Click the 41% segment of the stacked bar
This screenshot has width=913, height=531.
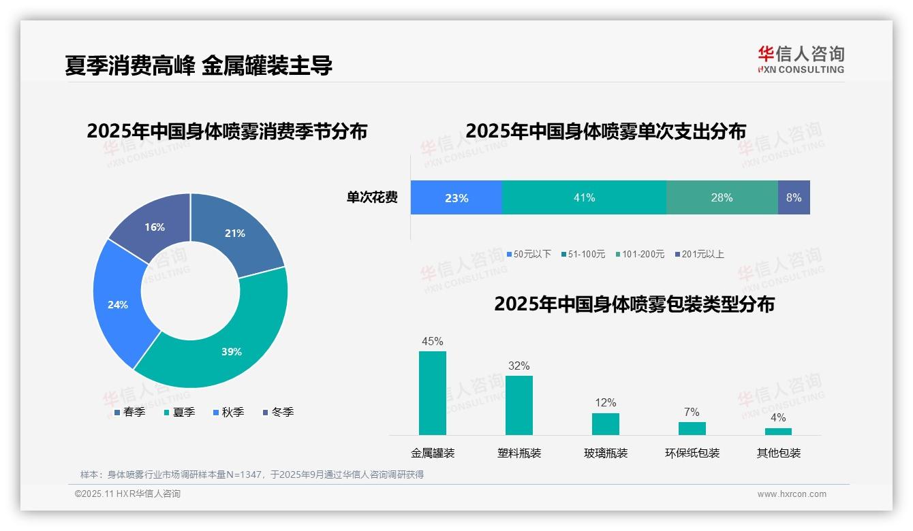point(584,197)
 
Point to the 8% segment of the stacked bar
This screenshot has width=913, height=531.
point(794,197)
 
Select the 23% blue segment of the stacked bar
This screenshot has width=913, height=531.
point(456,197)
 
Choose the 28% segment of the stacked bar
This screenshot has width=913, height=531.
point(722,197)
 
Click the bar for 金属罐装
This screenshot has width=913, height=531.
point(432,393)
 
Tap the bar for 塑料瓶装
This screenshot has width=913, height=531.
point(519,405)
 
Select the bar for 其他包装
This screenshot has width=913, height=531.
point(778,431)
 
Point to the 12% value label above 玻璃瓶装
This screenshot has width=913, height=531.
point(605,403)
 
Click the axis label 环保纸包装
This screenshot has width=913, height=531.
point(692,453)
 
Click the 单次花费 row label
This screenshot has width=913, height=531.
point(372,197)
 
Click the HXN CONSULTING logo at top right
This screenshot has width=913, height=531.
point(801,59)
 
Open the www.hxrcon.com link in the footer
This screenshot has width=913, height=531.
point(792,494)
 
